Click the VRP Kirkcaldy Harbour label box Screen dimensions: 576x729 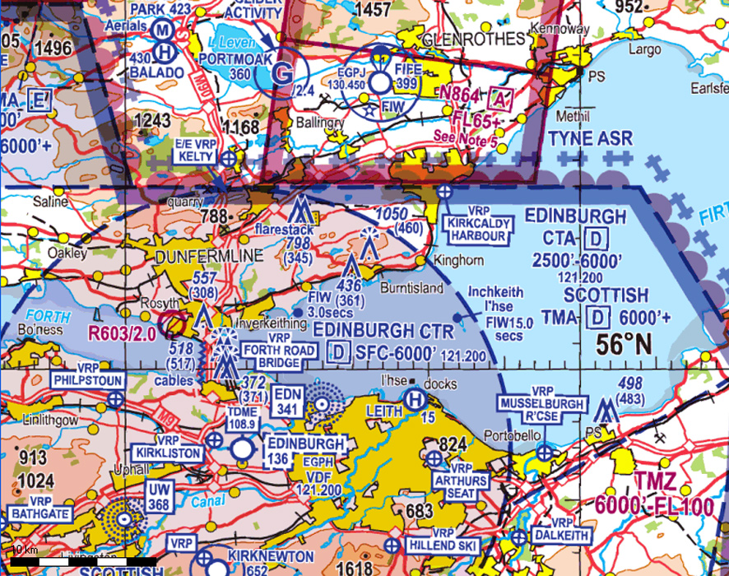click(475, 229)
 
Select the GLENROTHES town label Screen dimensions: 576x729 click(472, 39)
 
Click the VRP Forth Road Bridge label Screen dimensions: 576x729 click(281, 352)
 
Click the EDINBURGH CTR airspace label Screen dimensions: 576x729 click(383, 332)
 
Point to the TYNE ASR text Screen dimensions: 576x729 click(591, 137)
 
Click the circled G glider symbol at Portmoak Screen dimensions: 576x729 click(283, 73)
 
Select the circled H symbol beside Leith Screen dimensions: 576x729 click(414, 401)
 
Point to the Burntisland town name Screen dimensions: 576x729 click(412, 289)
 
